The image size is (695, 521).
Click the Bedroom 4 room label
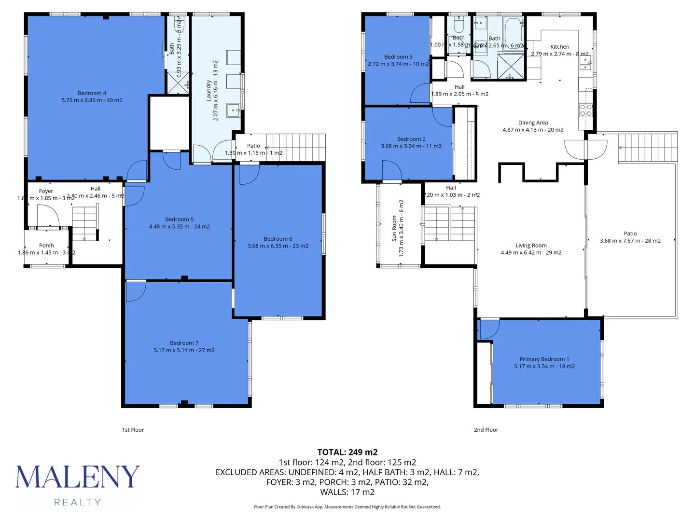pos(92,93)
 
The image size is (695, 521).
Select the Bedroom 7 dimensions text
pos(184,350)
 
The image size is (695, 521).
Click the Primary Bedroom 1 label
pos(544,359)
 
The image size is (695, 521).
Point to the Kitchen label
pos(559,47)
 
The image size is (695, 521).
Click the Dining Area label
pos(533,123)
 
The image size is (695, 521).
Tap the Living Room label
pos(531,246)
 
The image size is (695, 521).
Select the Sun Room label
pos(394,228)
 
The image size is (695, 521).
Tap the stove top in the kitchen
pos(585,110)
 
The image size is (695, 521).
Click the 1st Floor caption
pos(133,430)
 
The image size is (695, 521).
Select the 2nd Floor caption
pos(486,430)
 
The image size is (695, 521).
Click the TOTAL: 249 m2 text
pos(347,452)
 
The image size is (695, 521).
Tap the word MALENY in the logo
pos(78,477)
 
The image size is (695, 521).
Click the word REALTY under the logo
pos(78,502)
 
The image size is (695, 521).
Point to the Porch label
pos(46,246)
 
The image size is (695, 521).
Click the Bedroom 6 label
pos(278,239)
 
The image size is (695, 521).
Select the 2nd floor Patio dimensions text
pos(630,241)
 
